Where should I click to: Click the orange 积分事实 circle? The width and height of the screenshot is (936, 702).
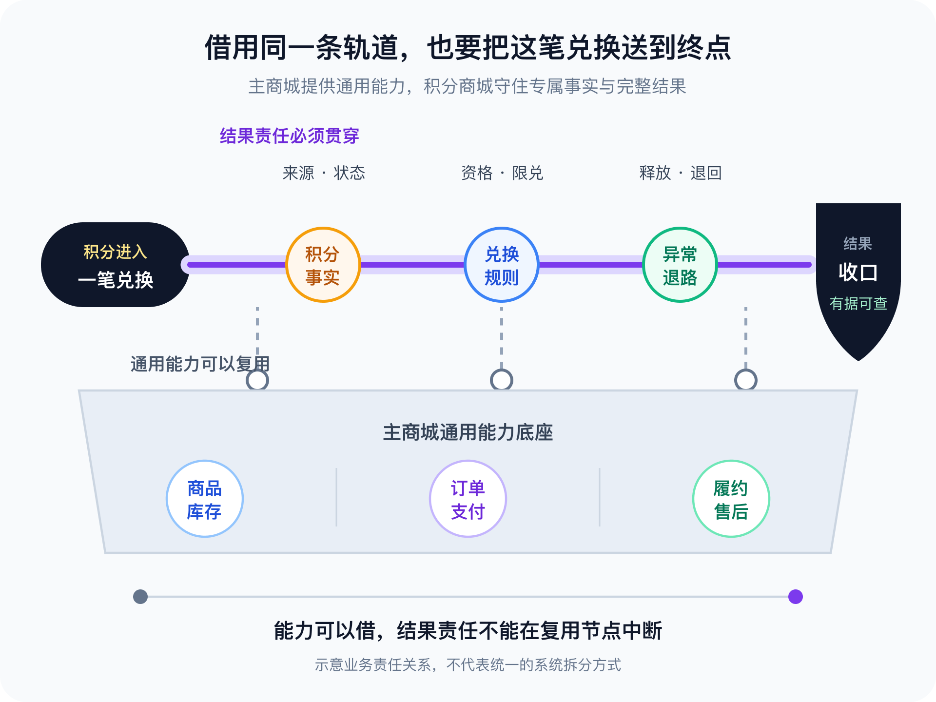323,265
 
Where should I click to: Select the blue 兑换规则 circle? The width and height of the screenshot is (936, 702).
502,265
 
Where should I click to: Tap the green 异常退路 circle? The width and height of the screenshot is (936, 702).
680,265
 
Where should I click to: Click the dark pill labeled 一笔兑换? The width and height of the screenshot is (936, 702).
116,265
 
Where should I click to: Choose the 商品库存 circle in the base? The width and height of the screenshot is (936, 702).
205,499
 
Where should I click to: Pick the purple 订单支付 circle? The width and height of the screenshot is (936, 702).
468,499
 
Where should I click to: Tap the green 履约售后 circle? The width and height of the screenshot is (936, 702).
731,499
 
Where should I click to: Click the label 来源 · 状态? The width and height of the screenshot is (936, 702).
324,173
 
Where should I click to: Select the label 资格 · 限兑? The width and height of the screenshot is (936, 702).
502,173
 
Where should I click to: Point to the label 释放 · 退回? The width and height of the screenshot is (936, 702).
681,173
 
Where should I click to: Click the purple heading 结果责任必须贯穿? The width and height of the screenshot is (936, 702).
290,136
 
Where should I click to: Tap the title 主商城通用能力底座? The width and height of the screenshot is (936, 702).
468,432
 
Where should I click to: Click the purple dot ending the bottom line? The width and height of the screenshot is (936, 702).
796,597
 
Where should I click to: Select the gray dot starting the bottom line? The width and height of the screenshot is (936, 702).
140,597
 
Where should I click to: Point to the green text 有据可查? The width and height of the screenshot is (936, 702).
858,304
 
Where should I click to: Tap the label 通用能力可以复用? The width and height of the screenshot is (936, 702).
200,364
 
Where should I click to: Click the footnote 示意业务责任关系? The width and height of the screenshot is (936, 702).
373,665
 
